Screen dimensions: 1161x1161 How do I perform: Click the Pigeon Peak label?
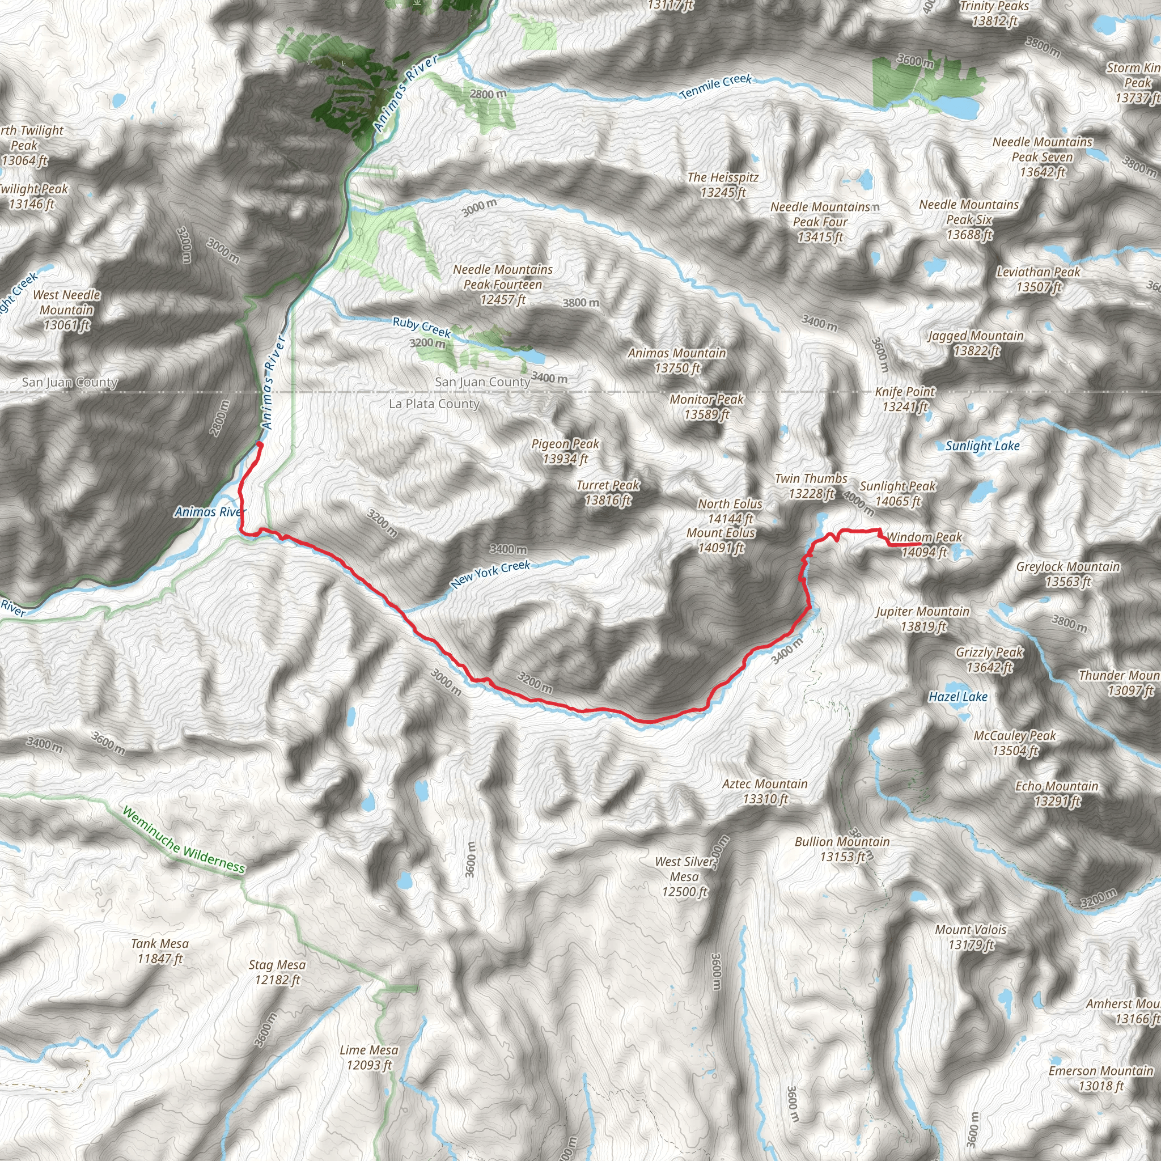(565, 451)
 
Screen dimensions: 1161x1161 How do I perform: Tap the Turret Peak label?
(608, 492)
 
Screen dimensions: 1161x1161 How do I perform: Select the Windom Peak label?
(924, 544)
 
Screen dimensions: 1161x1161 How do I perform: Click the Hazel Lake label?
(958, 697)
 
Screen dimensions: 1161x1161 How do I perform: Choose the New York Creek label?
(490, 573)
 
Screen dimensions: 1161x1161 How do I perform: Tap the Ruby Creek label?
(421, 327)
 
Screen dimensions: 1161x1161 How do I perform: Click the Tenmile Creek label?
(716, 87)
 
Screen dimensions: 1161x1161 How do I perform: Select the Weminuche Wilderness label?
(183, 840)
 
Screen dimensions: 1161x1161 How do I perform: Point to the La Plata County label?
(434, 404)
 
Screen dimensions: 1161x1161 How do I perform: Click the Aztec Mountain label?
(764, 791)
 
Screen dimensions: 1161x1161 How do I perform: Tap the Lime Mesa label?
(369, 1057)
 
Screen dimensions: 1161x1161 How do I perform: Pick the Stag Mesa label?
(277, 972)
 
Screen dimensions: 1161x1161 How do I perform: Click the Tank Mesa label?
(160, 951)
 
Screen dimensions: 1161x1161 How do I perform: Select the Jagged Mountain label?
(975, 343)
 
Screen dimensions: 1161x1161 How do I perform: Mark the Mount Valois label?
(971, 937)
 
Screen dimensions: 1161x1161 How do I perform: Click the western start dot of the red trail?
(260, 444)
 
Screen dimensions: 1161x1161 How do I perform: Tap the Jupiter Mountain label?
(922, 618)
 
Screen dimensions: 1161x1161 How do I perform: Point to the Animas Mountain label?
(677, 360)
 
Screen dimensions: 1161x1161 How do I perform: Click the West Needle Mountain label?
(67, 310)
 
